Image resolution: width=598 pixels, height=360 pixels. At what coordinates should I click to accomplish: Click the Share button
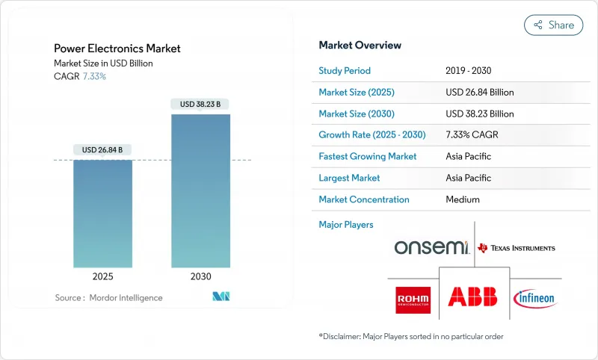pos(553,25)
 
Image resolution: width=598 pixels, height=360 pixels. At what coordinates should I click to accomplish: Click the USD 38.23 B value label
pos(200,105)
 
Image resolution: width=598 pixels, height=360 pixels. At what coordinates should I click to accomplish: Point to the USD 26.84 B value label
pos(102,150)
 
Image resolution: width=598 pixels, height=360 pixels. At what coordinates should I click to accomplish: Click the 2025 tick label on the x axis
pos(102,276)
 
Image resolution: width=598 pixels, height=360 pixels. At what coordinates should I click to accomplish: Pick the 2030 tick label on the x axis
pos(200,276)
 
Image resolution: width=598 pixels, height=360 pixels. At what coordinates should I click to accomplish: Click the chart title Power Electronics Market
pos(117,49)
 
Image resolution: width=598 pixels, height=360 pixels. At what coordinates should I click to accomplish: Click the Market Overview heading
pos(360,45)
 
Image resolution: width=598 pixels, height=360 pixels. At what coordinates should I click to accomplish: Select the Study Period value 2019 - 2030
pos(469,71)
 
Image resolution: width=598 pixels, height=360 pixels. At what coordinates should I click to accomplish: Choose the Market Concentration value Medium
pos(462,199)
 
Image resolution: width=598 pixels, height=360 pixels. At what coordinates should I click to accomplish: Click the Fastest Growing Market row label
pos(368,157)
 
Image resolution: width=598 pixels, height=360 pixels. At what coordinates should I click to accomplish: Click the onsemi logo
pos(431,248)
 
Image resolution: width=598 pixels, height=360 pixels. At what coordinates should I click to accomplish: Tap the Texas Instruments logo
pos(517,248)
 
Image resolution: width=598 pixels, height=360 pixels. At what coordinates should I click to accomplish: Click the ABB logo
pos(473,297)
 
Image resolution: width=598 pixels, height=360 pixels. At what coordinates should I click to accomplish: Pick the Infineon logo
pos(535,298)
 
